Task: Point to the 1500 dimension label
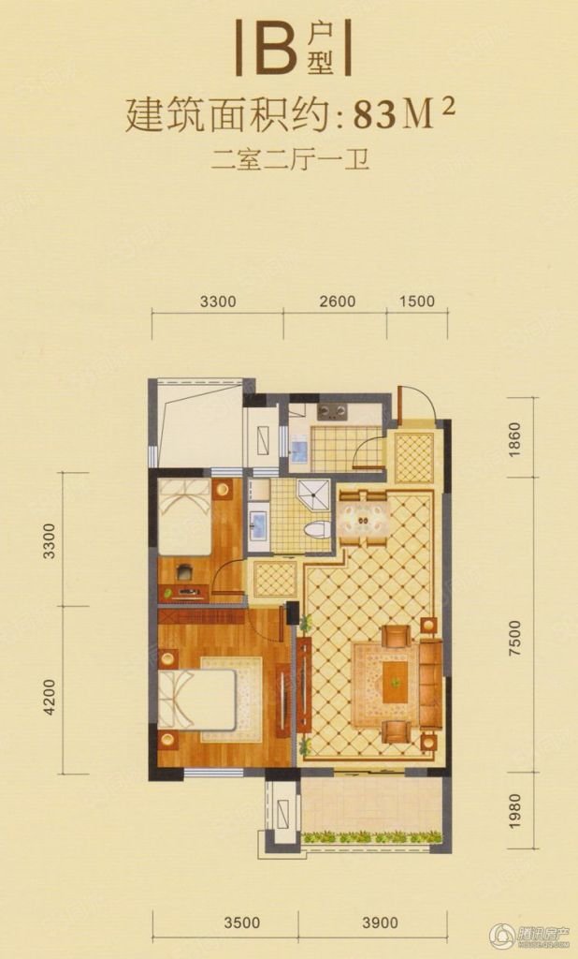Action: (x=417, y=301)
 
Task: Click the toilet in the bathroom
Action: (x=317, y=530)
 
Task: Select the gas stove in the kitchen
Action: (x=332, y=412)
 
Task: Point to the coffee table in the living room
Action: (x=396, y=682)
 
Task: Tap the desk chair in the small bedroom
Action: (x=184, y=571)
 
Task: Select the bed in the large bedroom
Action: (x=196, y=700)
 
